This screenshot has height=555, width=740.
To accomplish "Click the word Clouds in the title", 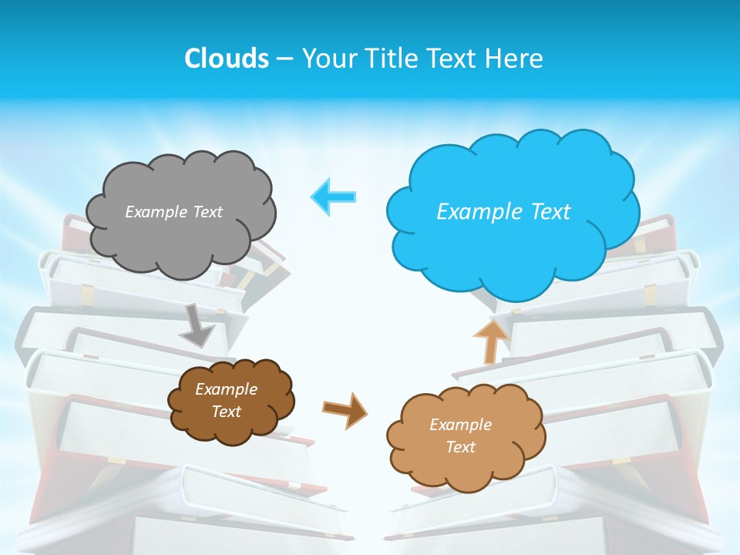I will point(226,59).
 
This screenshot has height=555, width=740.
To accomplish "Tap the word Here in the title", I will point(516,59).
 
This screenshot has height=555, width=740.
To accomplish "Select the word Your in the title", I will point(330,59).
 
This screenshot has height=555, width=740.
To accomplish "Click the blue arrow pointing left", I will point(334,197).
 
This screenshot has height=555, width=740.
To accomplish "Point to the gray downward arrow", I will point(197,325).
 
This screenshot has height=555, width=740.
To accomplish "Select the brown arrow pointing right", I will point(345,410).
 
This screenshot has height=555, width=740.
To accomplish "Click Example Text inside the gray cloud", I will point(173,212).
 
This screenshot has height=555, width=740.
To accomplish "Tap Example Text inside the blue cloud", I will point(503,212).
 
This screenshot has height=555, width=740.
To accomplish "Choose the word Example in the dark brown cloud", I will point(226,389).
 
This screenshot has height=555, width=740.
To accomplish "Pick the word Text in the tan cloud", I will point(460,447).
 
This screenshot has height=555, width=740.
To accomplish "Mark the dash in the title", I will point(284,59).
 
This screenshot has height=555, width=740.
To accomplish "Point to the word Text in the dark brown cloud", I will point(226,412).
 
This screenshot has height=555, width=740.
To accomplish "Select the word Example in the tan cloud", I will point(460,425).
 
